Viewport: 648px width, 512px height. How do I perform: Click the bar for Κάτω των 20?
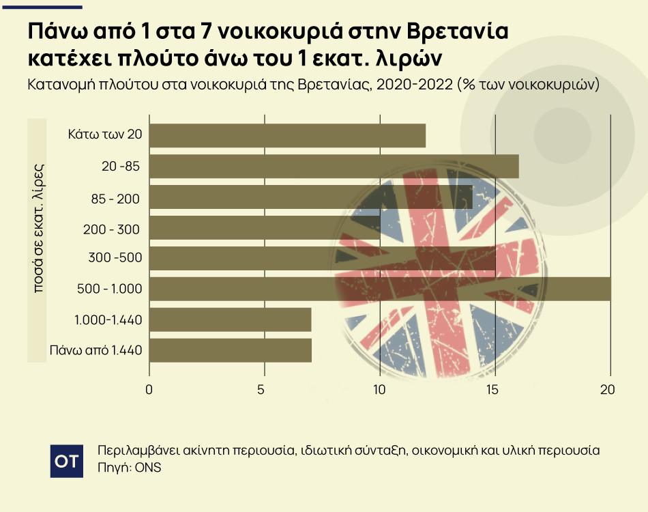click(x=286, y=135)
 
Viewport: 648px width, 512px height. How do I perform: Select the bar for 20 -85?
click(x=333, y=167)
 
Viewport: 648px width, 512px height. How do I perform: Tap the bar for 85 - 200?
click(x=310, y=197)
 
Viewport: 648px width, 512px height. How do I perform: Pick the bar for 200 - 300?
click(x=264, y=227)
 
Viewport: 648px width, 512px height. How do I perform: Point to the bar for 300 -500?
click(x=321, y=258)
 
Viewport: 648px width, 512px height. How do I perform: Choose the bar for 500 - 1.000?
click(x=379, y=289)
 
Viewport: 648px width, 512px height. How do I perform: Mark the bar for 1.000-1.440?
click(x=230, y=319)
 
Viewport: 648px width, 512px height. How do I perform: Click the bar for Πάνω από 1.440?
click(x=230, y=350)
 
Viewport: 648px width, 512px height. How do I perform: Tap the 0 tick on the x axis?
click(x=149, y=390)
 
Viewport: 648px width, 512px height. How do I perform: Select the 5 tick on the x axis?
click(x=264, y=390)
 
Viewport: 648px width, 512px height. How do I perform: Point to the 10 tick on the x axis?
click(x=379, y=390)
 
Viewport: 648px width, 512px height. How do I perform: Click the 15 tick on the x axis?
click(x=495, y=390)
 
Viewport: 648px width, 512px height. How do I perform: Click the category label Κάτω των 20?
click(x=105, y=134)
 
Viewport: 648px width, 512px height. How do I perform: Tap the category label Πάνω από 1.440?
click(x=95, y=351)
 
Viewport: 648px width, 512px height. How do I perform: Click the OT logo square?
click(x=67, y=461)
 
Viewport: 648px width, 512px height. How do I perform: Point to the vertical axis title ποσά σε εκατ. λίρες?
click(x=39, y=227)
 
